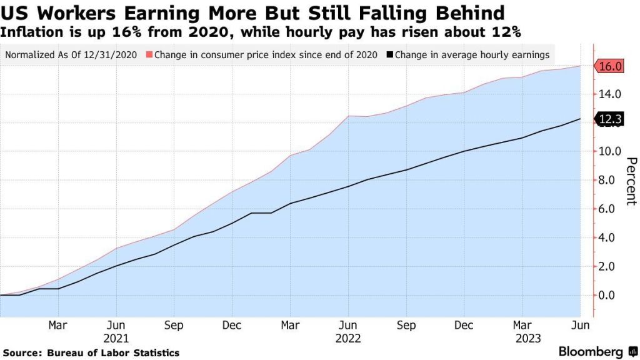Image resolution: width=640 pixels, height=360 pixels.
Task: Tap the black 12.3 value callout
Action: [x=610, y=119]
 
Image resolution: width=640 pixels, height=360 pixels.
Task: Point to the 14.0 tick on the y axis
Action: [x=610, y=94]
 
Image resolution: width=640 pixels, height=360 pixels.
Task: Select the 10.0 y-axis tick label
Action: [x=610, y=151]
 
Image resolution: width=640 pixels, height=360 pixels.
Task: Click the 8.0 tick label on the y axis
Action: [x=610, y=180]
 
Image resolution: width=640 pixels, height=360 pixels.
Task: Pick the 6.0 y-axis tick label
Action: [x=610, y=209]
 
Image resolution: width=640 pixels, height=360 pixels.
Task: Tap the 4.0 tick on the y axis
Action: [x=610, y=237]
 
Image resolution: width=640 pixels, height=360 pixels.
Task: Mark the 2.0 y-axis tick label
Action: [x=610, y=266]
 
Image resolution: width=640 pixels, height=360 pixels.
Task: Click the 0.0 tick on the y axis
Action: [x=610, y=295]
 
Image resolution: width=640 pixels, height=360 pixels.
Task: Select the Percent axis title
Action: [x=630, y=181]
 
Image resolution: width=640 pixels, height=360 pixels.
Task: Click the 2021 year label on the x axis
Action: [x=116, y=338]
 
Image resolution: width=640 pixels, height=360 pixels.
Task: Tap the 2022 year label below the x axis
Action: [x=348, y=338]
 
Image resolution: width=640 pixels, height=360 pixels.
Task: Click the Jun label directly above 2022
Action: [x=348, y=326]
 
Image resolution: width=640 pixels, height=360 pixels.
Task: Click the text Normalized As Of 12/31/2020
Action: [x=71, y=54]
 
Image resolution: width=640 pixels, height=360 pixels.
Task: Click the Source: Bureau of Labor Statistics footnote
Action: [x=90, y=353]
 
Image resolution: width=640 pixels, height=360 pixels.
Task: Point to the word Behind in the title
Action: [x=471, y=12]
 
